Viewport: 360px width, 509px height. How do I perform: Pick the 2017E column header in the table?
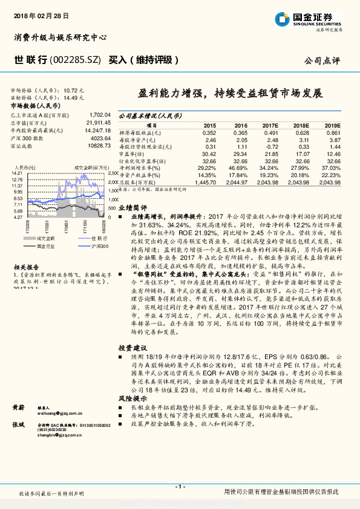point(271,125)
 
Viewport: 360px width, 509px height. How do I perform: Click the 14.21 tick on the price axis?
point(16,173)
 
